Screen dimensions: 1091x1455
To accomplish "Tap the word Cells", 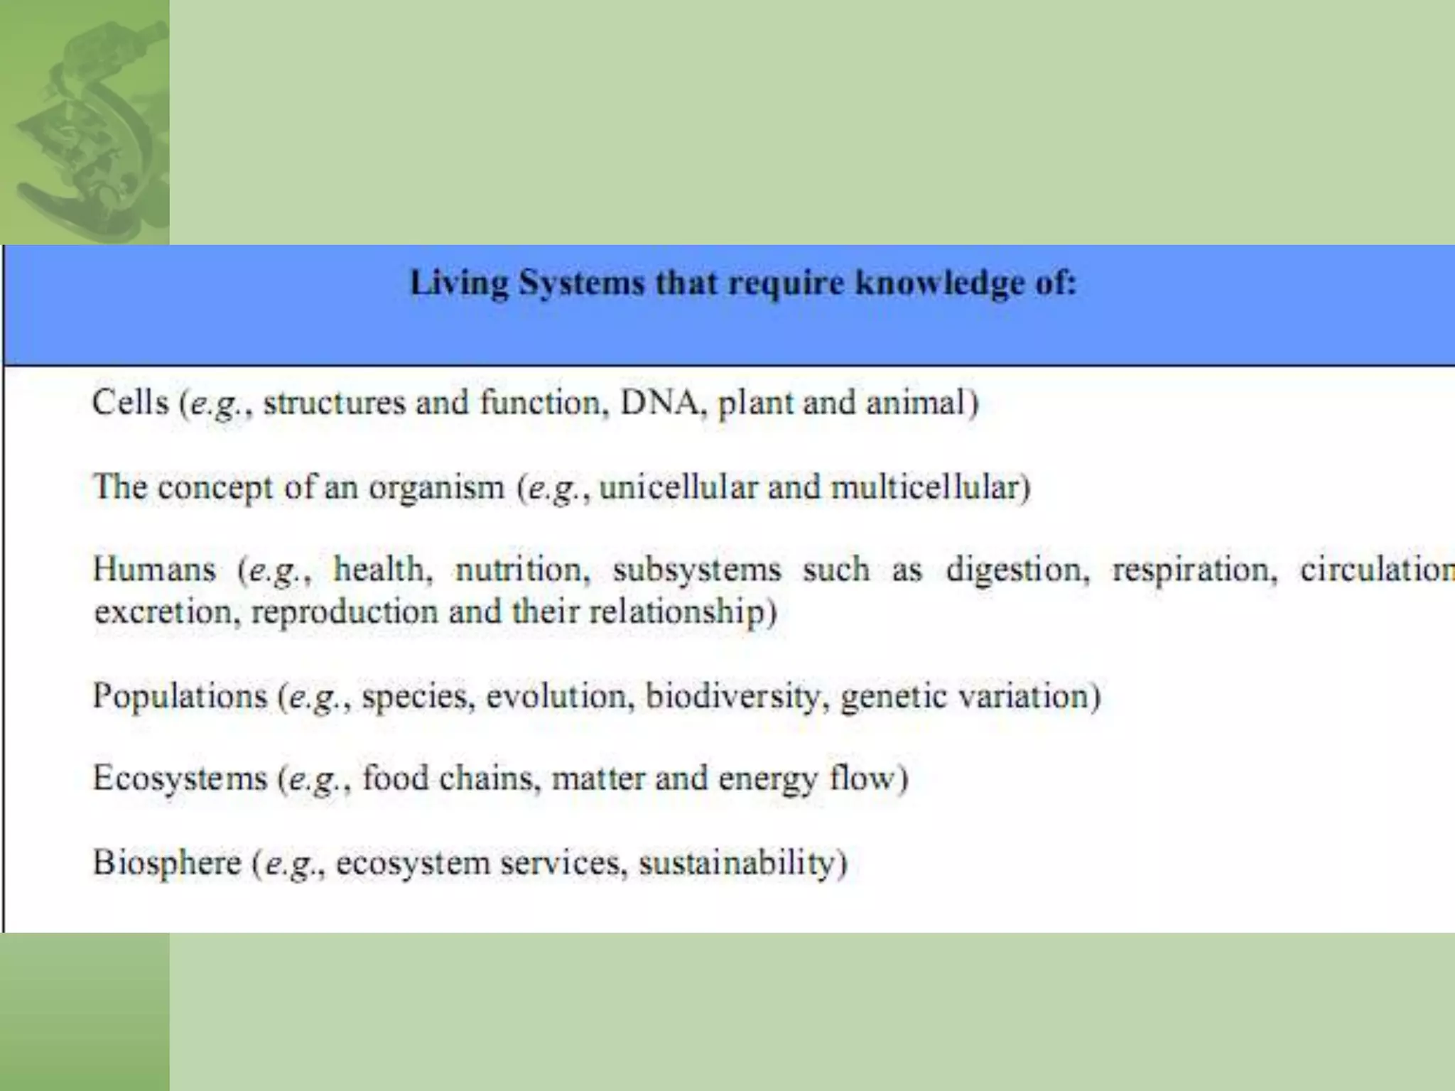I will (x=131, y=402).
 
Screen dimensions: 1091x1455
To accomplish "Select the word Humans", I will (x=154, y=570).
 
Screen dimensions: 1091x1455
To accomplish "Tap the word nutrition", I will (x=522, y=570).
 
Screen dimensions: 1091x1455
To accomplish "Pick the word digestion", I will (x=1017, y=570).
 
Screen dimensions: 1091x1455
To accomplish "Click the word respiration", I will (x=1194, y=570).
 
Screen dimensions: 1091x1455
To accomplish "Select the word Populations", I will (x=180, y=695).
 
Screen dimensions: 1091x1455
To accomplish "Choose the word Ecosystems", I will (x=180, y=778).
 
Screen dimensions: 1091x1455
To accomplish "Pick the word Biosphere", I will (x=167, y=862).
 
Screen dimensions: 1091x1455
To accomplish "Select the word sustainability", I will (x=742, y=862).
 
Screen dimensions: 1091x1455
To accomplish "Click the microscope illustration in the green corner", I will (x=85, y=128).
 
